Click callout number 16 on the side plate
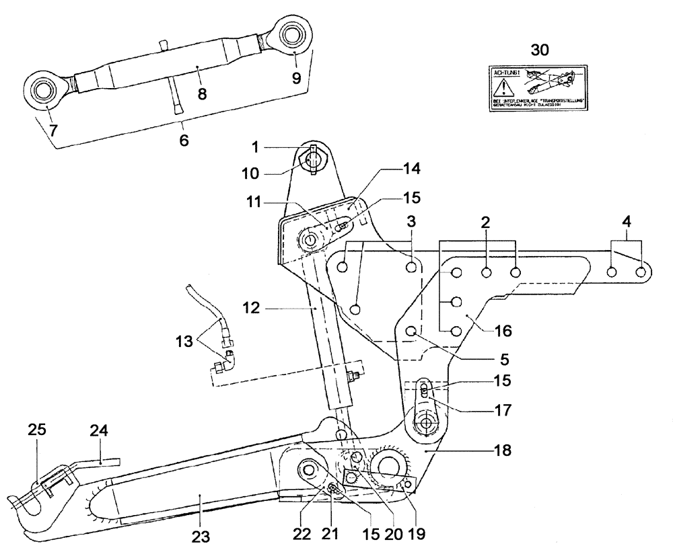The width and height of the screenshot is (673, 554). [x=503, y=331]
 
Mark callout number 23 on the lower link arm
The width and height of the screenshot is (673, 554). [x=201, y=537]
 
